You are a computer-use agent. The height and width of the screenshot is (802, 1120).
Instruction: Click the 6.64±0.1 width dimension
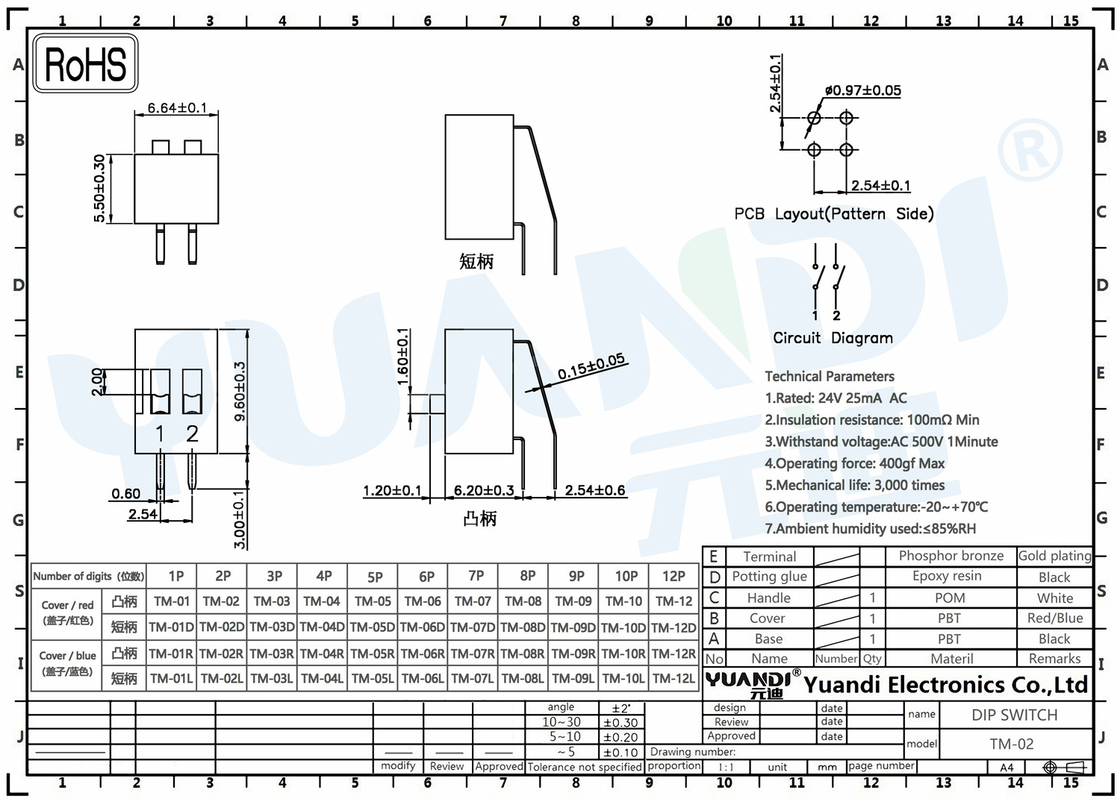click(x=177, y=108)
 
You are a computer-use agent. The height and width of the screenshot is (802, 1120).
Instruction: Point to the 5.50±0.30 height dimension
click(x=99, y=189)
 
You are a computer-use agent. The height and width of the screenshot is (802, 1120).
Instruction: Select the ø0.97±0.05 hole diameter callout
click(x=863, y=90)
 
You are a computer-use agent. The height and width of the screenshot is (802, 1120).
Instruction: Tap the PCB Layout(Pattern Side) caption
click(x=833, y=214)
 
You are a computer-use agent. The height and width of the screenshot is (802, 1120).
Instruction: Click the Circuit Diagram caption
click(x=833, y=338)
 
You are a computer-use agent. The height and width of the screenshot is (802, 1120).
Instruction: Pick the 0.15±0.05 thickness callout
click(x=591, y=366)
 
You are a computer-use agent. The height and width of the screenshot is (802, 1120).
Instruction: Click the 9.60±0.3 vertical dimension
click(x=240, y=391)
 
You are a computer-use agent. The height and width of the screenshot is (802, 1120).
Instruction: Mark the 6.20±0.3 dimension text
click(x=484, y=490)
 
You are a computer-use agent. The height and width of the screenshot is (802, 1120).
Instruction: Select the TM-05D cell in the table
click(x=373, y=627)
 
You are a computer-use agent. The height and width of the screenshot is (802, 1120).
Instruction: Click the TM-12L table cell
click(x=673, y=678)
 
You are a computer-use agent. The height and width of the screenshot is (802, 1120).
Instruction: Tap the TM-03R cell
click(x=272, y=653)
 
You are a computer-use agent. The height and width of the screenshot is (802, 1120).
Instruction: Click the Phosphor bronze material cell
click(x=951, y=556)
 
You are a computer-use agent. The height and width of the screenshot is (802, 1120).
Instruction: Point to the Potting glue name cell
click(x=770, y=576)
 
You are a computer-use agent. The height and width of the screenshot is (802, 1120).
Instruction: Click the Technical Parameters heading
click(x=830, y=376)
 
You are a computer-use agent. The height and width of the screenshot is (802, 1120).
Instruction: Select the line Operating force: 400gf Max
click(x=854, y=463)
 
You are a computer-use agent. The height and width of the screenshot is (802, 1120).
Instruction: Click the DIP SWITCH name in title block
click(x=1015, y=715)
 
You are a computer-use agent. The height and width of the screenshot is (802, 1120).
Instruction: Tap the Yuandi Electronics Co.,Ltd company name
click(x=945, y=685)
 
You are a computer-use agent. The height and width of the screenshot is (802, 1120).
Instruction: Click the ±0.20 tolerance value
click(x=620, y=737)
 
